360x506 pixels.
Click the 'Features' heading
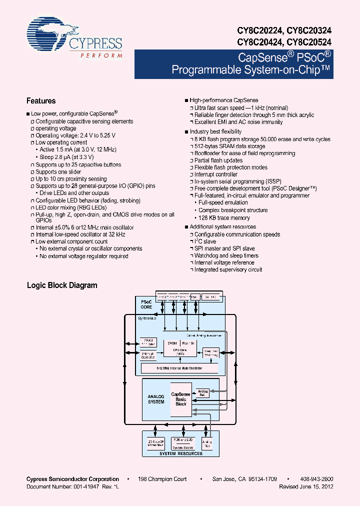tap(41, 100)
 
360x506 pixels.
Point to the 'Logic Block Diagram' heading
tap(62, 285)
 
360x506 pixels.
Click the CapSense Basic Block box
tap(181, 399)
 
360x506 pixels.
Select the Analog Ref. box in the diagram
tap(202, 393)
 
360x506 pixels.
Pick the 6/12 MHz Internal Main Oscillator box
tap(180, 368)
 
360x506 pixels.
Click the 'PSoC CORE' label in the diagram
tap(146, 304)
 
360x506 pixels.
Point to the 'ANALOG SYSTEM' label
tap(156, 399)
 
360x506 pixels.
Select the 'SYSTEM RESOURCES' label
tap(181, 453)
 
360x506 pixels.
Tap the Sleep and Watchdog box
tap(210, 353)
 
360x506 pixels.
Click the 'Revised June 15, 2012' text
tap(306, 486)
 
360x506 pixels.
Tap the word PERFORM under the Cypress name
tap(101, 55)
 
